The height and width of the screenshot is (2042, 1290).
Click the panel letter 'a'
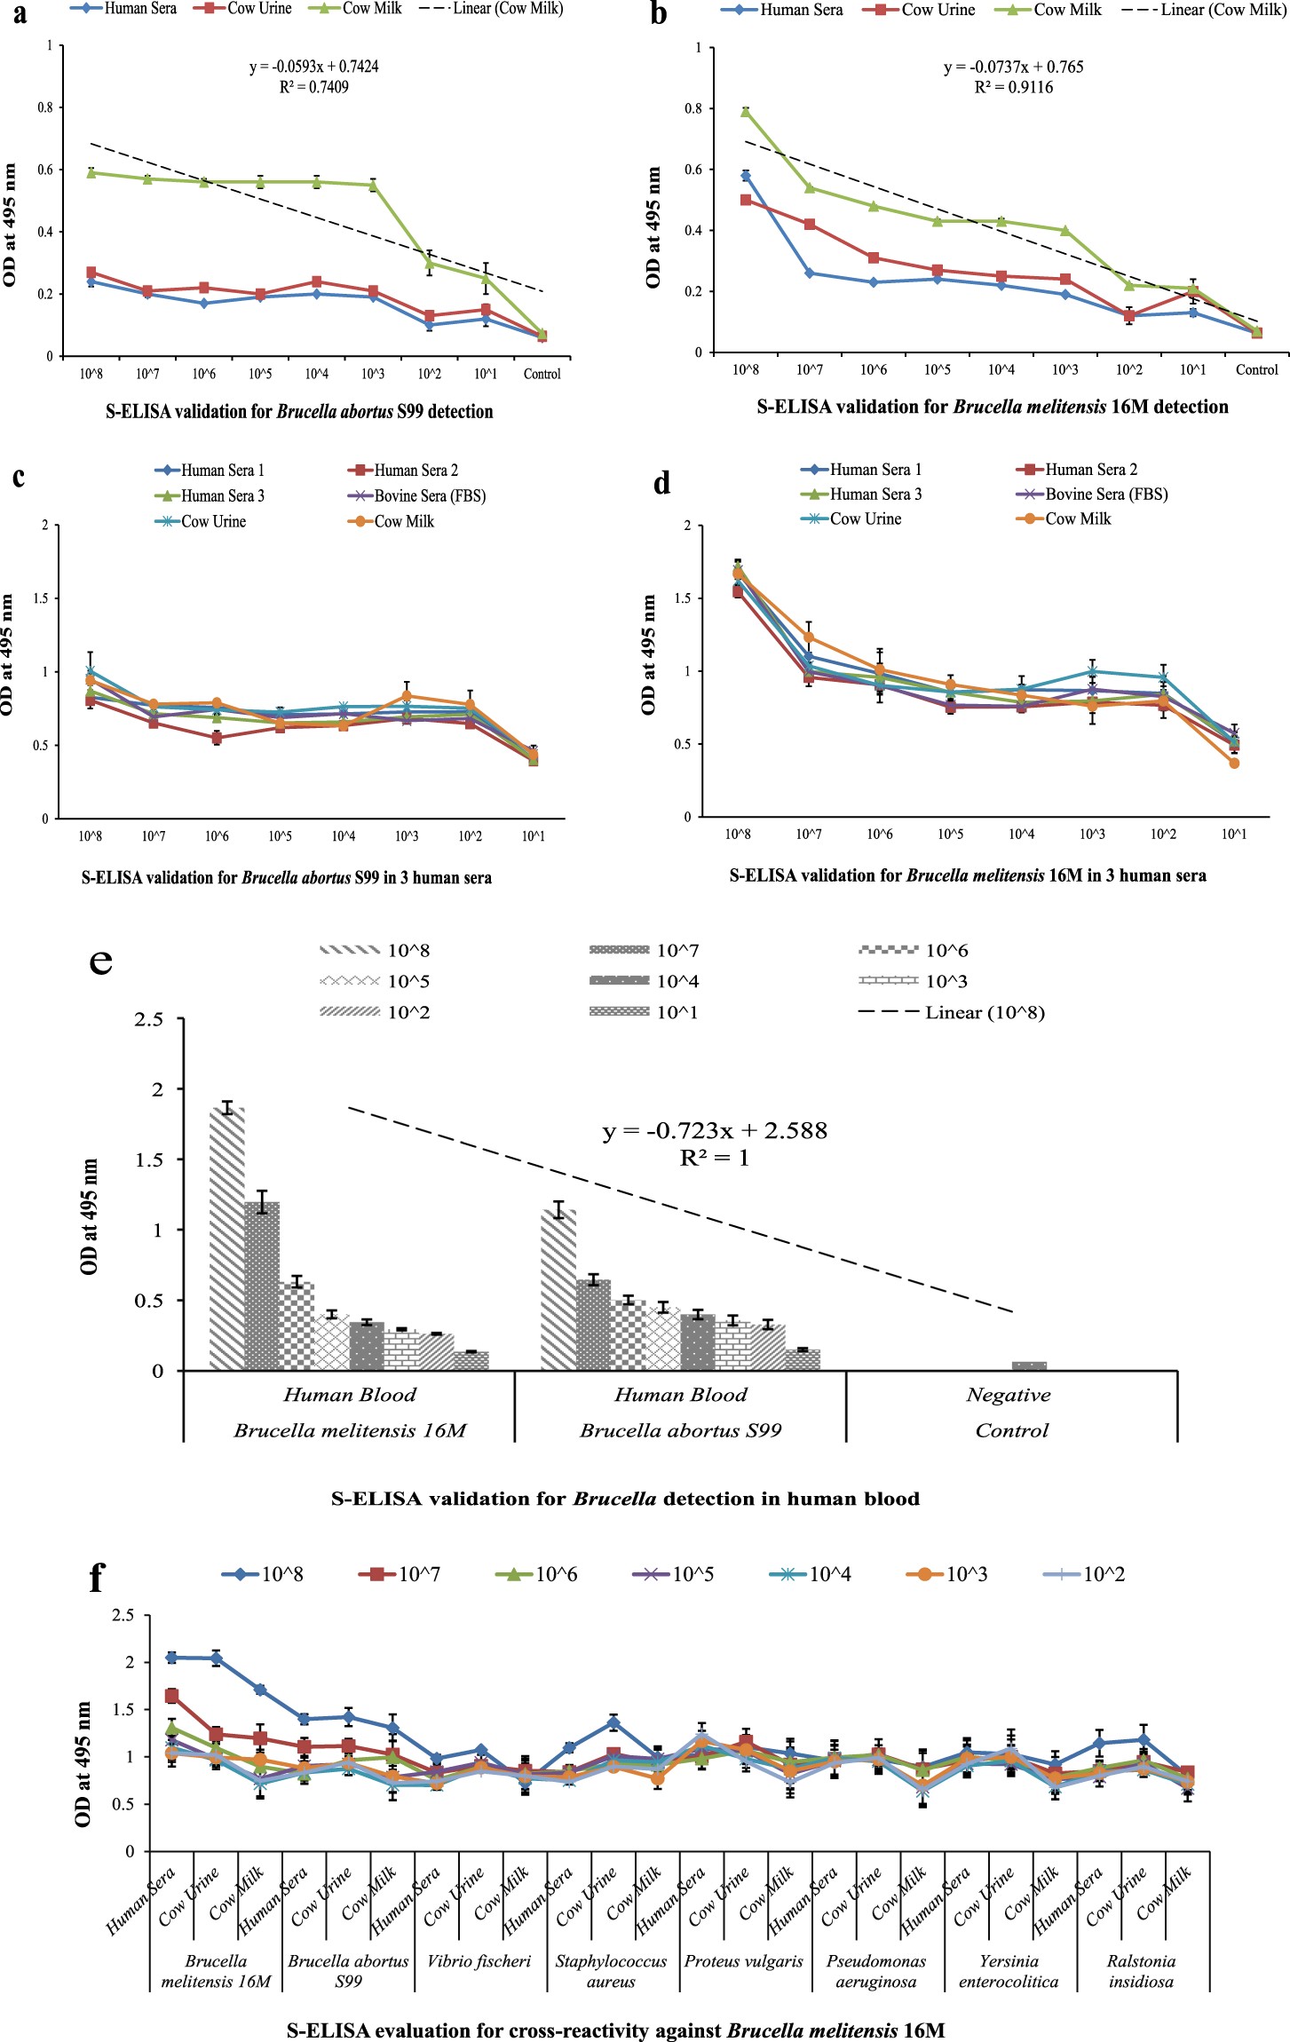pos(20,14)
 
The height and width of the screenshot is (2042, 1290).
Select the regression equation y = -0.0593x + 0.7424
pos(313,67)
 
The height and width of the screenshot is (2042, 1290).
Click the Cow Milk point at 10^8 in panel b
pos(746,111)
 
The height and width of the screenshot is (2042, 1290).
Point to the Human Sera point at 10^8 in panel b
pos(746,176)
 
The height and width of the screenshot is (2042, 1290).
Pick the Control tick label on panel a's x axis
pos(542,374)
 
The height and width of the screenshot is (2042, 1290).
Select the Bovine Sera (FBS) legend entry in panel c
pos(417,495)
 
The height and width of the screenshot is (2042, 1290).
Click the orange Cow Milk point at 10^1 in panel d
pos(1234,763)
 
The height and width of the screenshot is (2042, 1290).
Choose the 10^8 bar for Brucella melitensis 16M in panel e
pos(227,1239)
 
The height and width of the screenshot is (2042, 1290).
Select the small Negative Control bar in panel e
pos(1029,1365)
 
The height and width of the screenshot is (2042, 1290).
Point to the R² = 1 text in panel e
pos(714,1158)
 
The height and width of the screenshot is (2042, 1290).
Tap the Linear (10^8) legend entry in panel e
pos(952,1012)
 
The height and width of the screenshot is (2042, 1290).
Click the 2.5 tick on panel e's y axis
pos(148,1019)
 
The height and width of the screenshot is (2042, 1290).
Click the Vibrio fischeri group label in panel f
pos(479,1960)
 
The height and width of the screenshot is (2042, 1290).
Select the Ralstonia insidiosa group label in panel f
pos(1141,1971)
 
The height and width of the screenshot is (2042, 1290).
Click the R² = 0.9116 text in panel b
pos(1013,87)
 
